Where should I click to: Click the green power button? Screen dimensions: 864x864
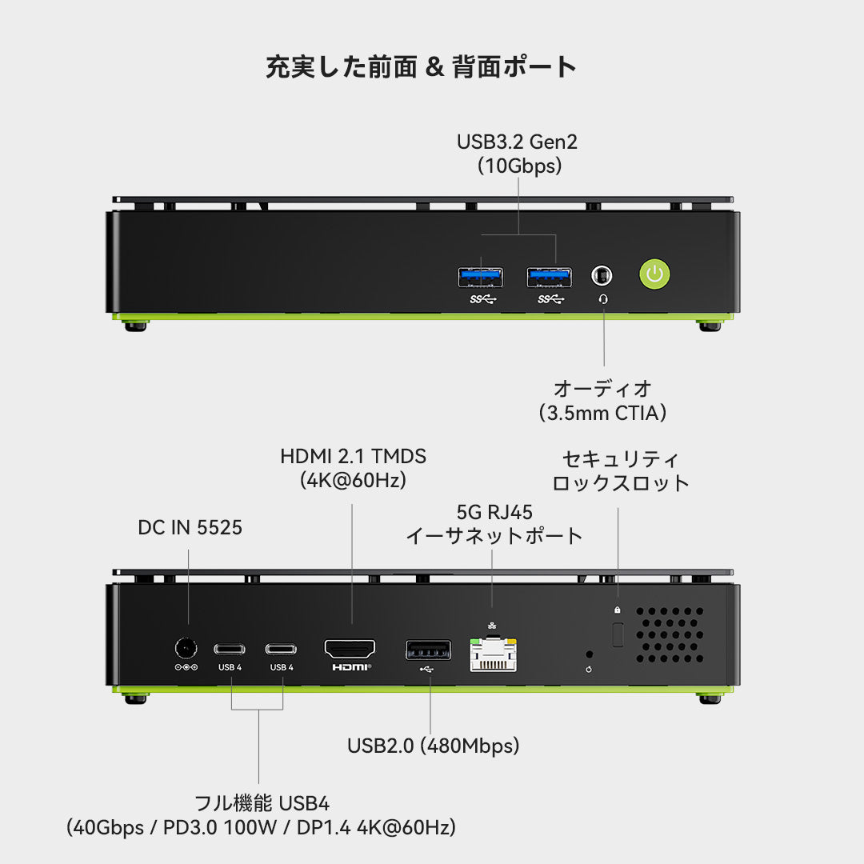click(x=654, y=274)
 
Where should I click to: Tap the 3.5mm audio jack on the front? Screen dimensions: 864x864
click(x=602, y=275)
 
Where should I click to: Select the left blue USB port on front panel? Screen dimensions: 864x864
click(x=481, y=277)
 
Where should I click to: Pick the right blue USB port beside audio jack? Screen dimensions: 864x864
click(x=549, y=277)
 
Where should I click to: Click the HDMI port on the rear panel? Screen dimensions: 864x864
click(x=350, y=648)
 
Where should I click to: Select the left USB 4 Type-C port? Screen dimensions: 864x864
click(x=230, y=648)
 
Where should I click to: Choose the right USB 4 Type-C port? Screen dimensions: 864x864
click(x=282, y=648)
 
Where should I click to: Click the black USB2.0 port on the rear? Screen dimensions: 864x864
click(x=427, y=650)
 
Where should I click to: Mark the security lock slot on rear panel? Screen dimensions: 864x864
click(x=617, y=634)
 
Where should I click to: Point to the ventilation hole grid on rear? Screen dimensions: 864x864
click(x=670, y=634)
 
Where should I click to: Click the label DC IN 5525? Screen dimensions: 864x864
click(x=190, y=528)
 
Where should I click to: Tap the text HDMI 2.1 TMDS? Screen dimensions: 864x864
click(x=353, y=457)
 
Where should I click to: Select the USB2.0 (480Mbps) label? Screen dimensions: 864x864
click(x=433, y=746)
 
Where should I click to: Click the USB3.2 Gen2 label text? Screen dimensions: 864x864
click(x=517, y=142)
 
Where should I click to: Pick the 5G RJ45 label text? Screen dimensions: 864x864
click(x=494, y=512)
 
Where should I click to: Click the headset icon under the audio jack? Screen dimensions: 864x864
click(x=602, y=299)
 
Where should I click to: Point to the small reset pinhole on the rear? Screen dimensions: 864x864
click(x=590, y=654)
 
